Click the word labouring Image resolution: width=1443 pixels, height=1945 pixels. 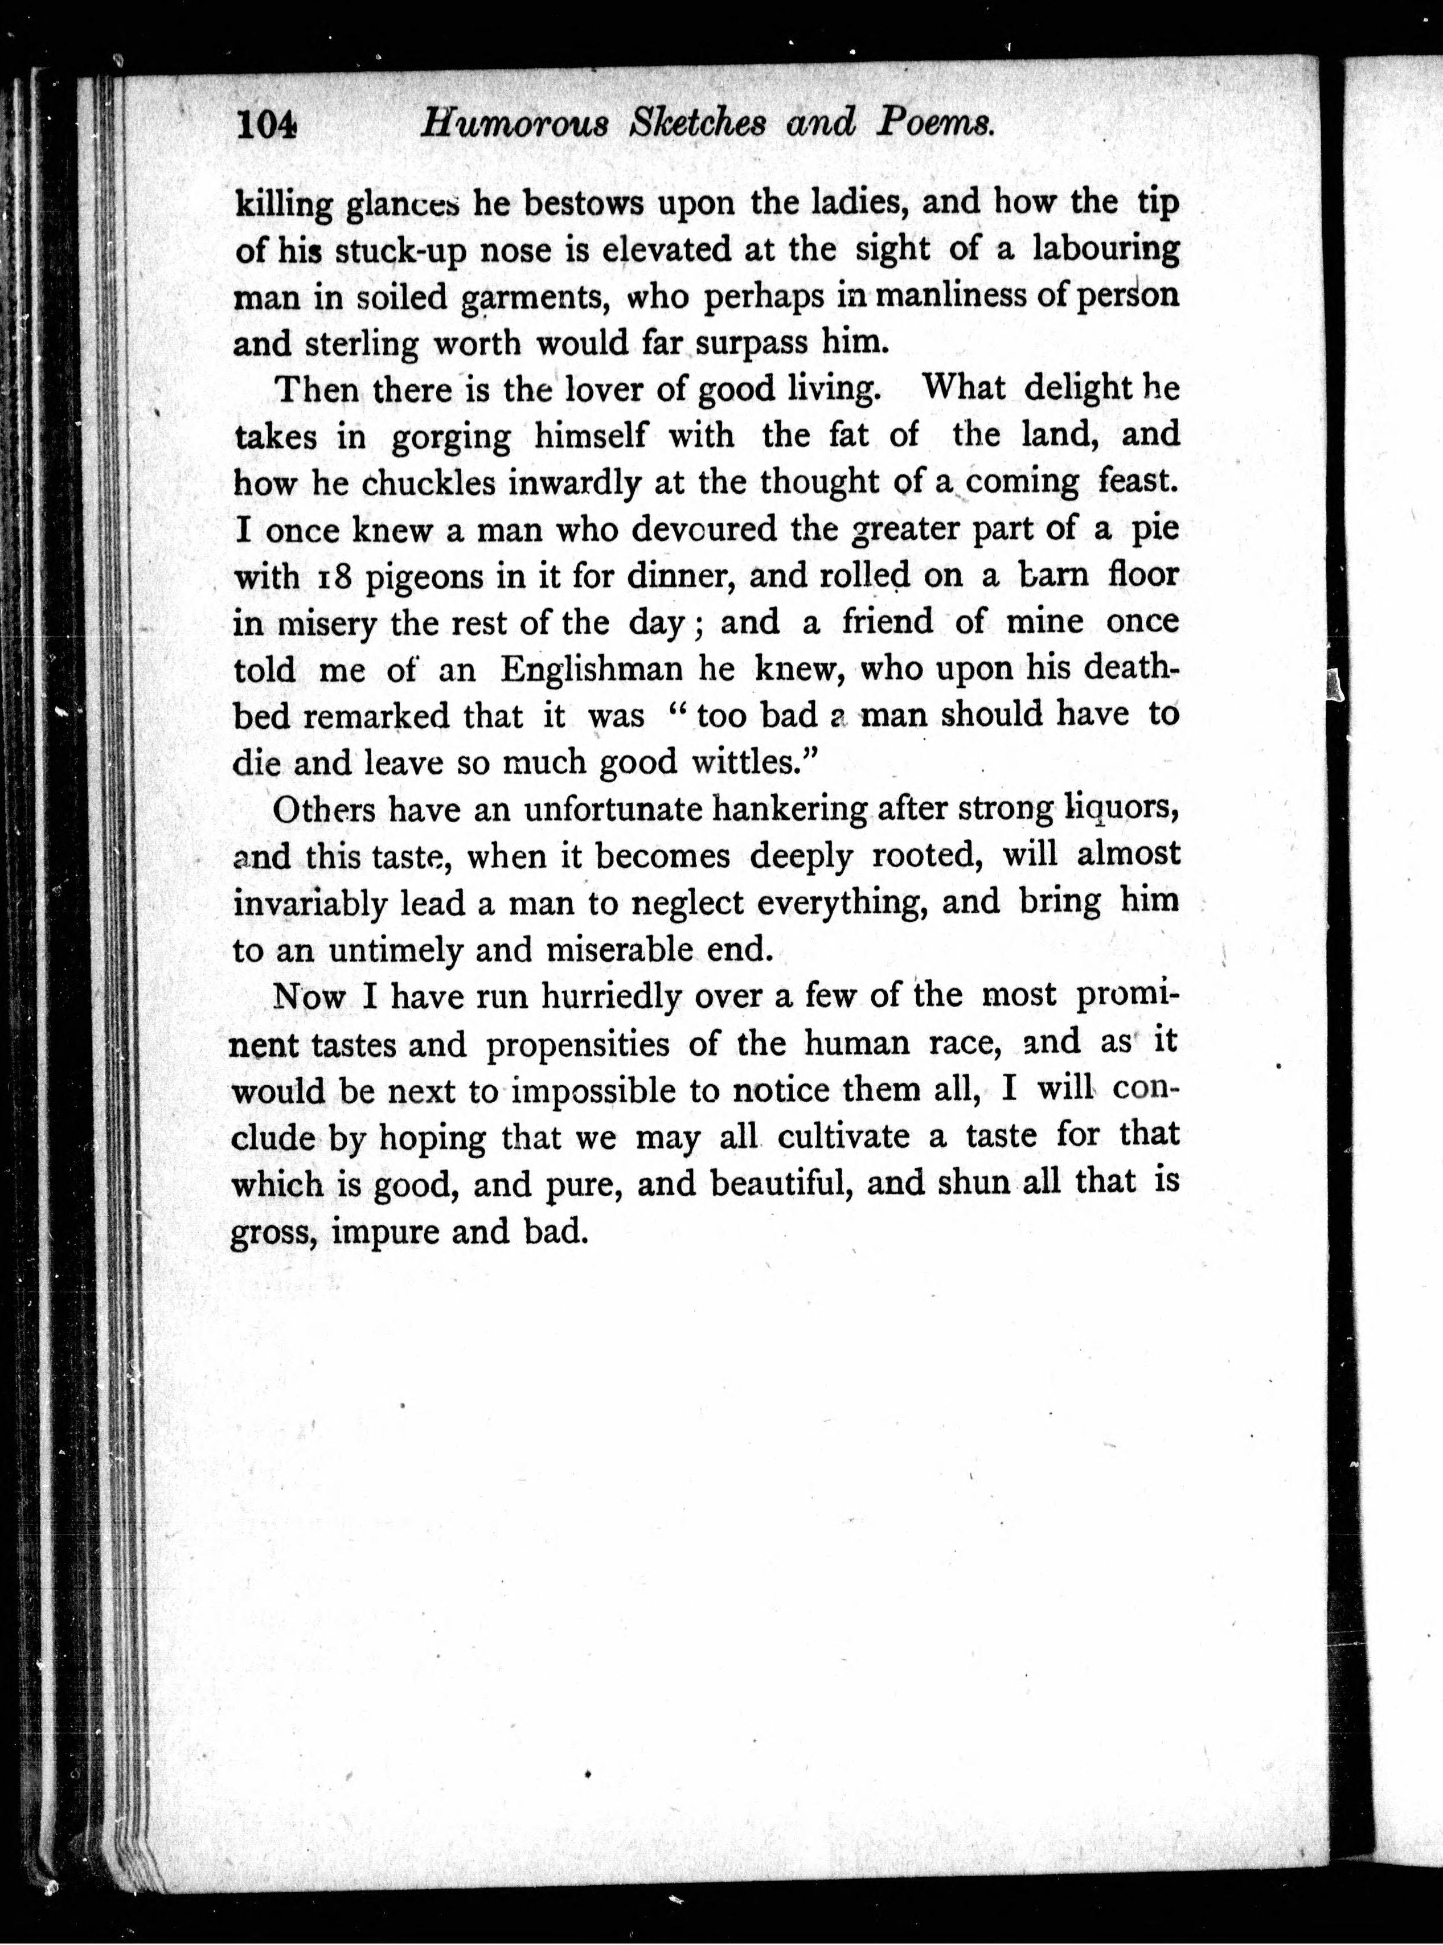[x=1105, y=248]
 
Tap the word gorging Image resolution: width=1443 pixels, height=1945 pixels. [x=450, y=437]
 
